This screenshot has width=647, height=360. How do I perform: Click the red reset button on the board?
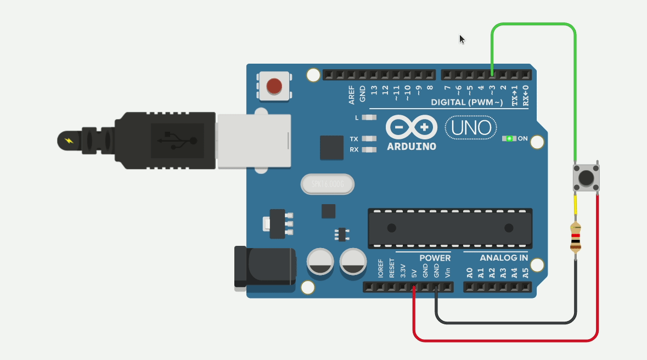pos(274,86)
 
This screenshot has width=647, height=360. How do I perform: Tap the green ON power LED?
pos(509,138)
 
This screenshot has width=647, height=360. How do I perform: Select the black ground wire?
pos(505,322)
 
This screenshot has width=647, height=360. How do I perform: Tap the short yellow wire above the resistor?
pos(575,205)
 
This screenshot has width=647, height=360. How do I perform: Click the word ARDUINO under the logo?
pos(412,147)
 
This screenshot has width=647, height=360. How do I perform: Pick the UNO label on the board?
pos(471,128)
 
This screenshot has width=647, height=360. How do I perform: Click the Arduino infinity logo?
pos(412,127)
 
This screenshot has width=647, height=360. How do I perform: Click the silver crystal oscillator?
pos(327,184)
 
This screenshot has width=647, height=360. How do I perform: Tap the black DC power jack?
pos(265,267)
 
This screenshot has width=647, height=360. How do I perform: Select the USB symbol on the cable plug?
pos(177,140)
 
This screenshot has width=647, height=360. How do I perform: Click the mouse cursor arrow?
pos(462,38)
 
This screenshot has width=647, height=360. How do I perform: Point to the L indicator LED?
pos(370,117)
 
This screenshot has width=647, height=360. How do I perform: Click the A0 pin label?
pos(469,271)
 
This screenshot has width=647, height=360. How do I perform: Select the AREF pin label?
pos(351,94)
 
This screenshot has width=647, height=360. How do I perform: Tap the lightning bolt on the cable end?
pos(69,140)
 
